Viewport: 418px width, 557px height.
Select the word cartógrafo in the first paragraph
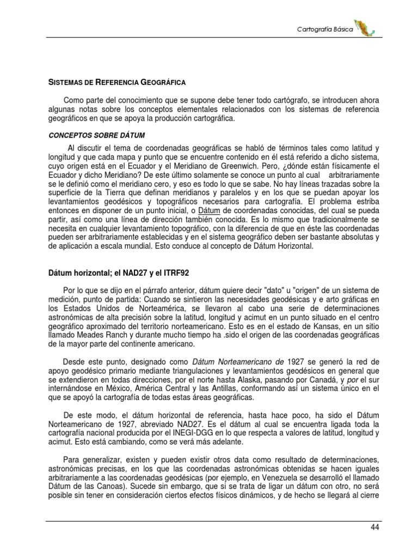pyautogui.click(x=266, y=101)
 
